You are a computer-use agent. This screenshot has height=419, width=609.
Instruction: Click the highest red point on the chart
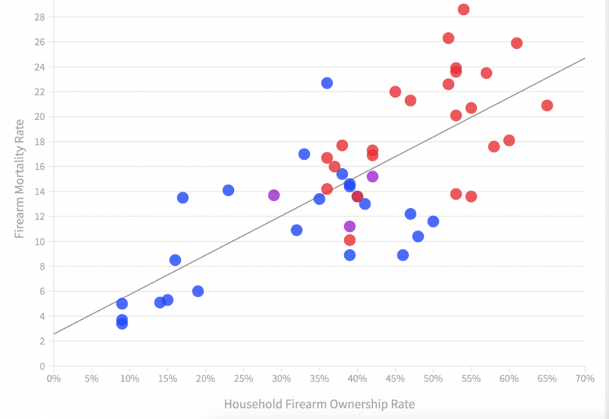pos(463,10)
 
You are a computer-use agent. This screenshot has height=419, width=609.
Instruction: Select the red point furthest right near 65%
pos(547,106)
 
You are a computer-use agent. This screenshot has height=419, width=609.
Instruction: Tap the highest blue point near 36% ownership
pos(327,83)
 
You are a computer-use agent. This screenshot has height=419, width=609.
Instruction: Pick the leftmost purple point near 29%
pos(274,195)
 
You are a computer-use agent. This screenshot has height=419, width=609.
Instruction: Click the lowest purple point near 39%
pos(349,227)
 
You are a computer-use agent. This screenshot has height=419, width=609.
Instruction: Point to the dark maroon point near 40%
pos(358,197)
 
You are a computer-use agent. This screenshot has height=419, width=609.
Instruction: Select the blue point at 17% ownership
pos(182,198)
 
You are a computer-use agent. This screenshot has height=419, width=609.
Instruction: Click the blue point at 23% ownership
pos(228,191)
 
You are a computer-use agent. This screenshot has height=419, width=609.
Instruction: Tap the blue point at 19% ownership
pos(198,291)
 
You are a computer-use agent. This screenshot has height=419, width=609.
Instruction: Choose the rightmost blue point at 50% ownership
pos(433,222)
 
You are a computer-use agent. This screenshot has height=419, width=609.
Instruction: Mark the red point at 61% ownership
pos(517,44)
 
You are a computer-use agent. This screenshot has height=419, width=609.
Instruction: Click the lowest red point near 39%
pos(349,240)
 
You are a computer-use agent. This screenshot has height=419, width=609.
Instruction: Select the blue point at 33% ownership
pos(304,154)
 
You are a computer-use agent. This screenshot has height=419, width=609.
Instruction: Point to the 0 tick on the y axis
pos(41,366)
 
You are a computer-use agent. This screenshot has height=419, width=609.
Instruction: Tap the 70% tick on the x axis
pos(585,379)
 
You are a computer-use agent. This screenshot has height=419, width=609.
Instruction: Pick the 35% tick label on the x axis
pos(319,379)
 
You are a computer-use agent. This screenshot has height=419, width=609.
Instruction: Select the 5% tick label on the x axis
pos(91,379)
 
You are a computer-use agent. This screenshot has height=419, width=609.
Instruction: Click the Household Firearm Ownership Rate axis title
pos(319,404)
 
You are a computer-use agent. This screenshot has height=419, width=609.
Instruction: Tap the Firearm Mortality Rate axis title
pos(20,179)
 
